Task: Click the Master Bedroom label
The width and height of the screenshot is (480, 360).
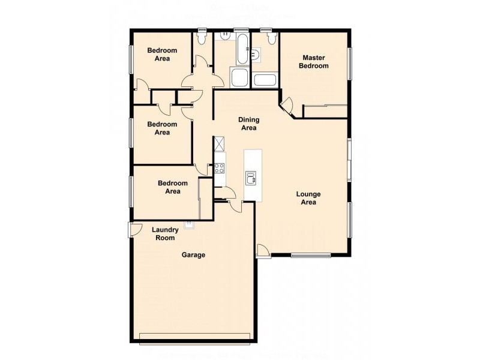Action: pos(314,62)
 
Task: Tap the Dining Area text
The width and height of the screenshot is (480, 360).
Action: pos(248,124)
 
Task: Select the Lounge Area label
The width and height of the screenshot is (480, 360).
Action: pos(308,198)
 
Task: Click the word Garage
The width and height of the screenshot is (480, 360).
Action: pos(194,255)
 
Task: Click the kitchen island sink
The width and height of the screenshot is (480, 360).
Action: pos(251,177)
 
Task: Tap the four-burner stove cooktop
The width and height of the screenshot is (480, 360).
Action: pos(220,167)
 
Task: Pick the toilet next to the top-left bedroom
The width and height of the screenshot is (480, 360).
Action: pos(202,37)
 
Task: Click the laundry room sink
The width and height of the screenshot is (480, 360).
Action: pos(190,224)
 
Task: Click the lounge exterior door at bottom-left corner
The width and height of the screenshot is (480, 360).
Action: pos(262,251)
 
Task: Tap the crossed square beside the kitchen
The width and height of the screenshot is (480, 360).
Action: pos(220,144)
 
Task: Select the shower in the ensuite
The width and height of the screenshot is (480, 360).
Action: pos(265,80)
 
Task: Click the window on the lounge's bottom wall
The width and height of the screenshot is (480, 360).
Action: pos(310,256)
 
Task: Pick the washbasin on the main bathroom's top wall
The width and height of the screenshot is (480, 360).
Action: pos(223,36)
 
